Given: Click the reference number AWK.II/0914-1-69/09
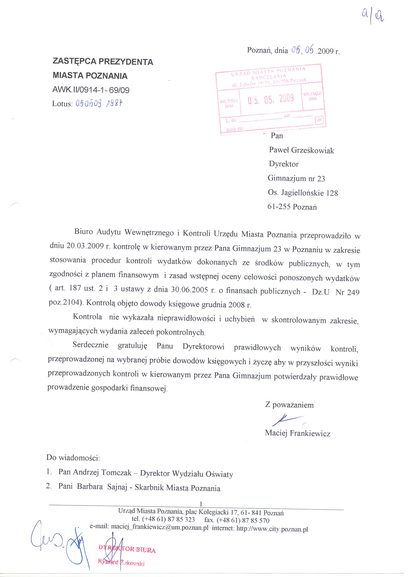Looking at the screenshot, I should [x=91, y=90].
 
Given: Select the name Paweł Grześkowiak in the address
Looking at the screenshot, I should [x=301, y=150].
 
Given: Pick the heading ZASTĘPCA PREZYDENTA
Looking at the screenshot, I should [x=103, y=61].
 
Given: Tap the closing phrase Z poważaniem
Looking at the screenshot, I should [x=289, y=405].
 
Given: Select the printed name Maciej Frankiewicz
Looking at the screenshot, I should [x=297, y=433].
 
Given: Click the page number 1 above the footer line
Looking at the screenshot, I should [x=201, y=504].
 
